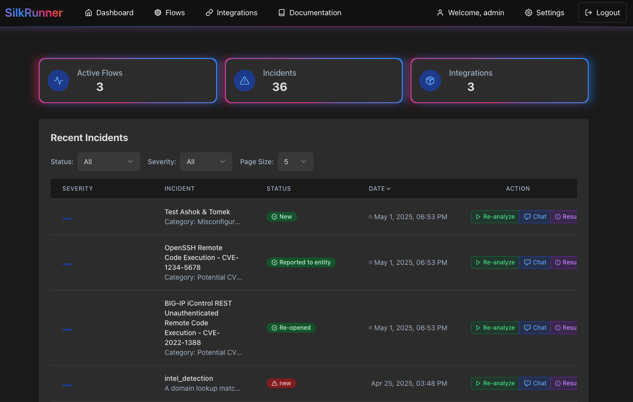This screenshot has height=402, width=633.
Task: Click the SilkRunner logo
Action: click(34, 13)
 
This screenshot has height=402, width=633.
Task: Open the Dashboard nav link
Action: click(109, 13)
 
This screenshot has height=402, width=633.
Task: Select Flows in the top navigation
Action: click(169, 13)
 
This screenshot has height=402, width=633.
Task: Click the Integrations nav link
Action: click(231, 13)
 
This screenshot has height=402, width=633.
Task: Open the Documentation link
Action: click(309, 13)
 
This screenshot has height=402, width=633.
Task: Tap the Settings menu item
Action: click(545, 13)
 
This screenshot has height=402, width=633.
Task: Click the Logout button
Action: click(603, 13)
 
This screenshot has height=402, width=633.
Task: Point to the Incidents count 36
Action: click(279, 87)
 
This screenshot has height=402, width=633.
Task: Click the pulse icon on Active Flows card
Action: click(58, 81)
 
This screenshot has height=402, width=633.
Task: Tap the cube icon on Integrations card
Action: click(430, 81)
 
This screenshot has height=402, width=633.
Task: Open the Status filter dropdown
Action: click(109, 162)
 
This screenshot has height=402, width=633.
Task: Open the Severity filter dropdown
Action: click(206, 162)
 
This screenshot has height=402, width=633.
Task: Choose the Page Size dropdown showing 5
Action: click(295, 162)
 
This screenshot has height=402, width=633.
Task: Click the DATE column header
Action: click(380, 189)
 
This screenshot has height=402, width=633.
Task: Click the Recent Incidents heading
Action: click(89, 138)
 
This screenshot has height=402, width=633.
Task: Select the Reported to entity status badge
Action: click(301, 262)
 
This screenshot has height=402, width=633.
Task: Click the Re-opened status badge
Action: click(291, 328)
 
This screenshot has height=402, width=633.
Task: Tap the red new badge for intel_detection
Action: click(281, 383)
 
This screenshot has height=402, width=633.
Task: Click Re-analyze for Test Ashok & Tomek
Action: click(495, 217)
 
